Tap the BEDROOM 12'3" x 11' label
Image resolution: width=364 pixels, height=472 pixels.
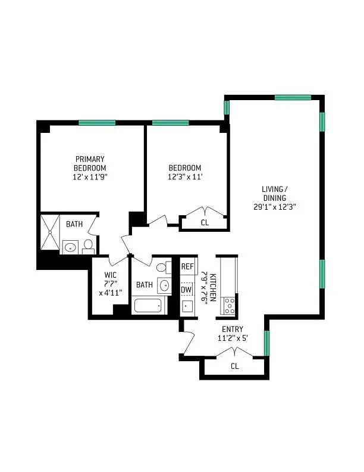[184, 172]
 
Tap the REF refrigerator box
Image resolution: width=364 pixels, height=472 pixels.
[188, 266]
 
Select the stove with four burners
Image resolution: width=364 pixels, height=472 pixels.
[229, 305]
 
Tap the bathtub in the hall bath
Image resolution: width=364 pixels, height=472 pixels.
[148, 306]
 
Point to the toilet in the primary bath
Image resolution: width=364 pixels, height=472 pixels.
[87, 246]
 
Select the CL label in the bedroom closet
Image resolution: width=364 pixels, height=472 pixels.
[205, 223]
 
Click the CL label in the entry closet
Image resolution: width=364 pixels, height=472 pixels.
[234, 366]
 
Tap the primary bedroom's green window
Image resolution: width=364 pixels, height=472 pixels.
[96, 123]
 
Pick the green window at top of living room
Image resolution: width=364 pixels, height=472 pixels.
[292, 97]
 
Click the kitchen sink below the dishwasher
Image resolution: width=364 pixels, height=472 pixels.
[187, 307]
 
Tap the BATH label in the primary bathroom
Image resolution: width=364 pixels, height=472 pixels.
[74, 225]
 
